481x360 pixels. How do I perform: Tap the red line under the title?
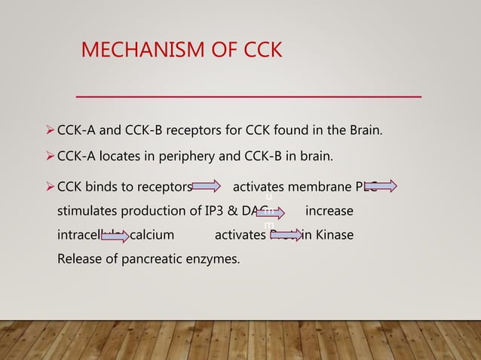(249, 96)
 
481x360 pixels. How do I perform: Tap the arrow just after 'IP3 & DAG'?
(270, 212)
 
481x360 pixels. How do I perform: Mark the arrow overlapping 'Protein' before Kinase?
(290, 236)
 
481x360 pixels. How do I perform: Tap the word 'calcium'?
(152, 236)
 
